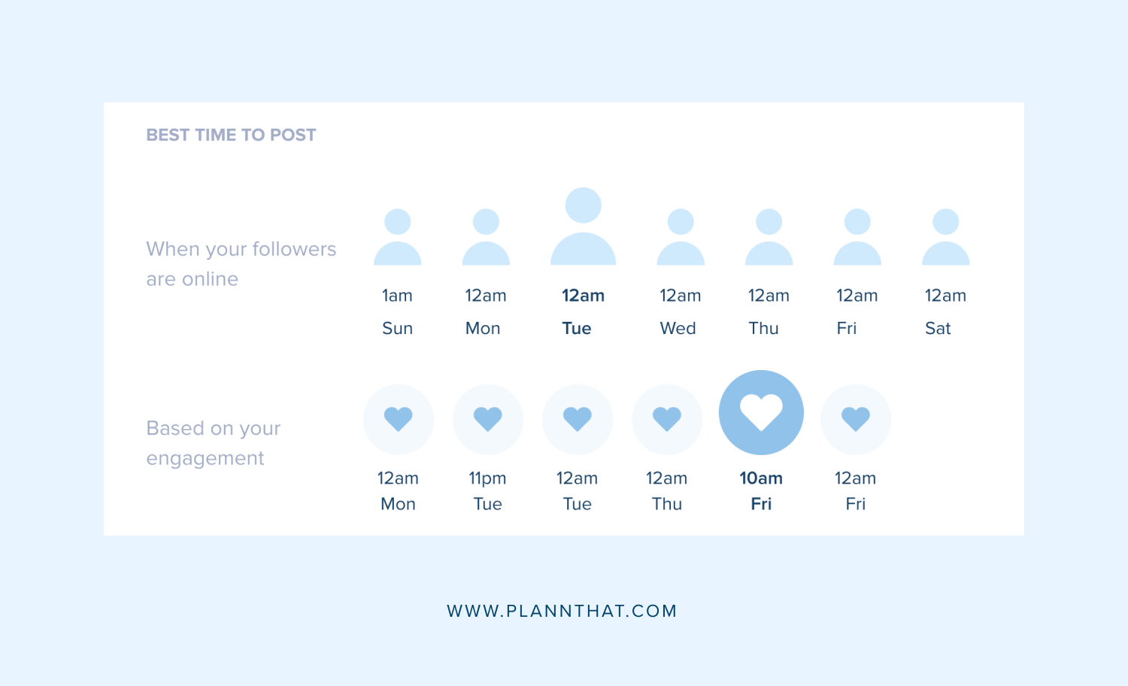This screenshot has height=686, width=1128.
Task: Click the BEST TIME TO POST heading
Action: [x=231, y=135]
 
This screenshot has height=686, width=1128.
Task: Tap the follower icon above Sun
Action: [x=397, y=238]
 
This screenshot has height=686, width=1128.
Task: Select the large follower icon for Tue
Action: [x=583, y=226]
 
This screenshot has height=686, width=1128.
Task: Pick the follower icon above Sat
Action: [x=945, y=238]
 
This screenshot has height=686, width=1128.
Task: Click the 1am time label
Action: [x=397, y=296]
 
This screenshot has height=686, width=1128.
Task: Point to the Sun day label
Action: [x=397, y=329]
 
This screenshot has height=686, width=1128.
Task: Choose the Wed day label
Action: [x=678, y=329]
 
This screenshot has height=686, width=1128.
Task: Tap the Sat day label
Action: [x=938, y=329]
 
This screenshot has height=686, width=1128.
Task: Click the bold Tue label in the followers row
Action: [x=577, y=329]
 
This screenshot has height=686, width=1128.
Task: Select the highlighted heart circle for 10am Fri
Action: [x=761, y=413]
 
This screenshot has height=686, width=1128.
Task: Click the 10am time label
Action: [x=761, y=478]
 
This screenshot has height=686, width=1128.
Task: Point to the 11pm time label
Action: [x=487, y=478]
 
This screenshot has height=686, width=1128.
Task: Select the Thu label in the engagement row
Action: [x=666, y=504]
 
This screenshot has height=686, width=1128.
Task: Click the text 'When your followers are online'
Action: [x=241, y=264]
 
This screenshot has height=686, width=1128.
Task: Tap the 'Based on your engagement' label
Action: [x=213, y=443]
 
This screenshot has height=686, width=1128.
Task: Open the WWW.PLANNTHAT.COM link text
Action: [x=562, y=611]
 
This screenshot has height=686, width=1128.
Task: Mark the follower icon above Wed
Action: [x=681, y=238]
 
